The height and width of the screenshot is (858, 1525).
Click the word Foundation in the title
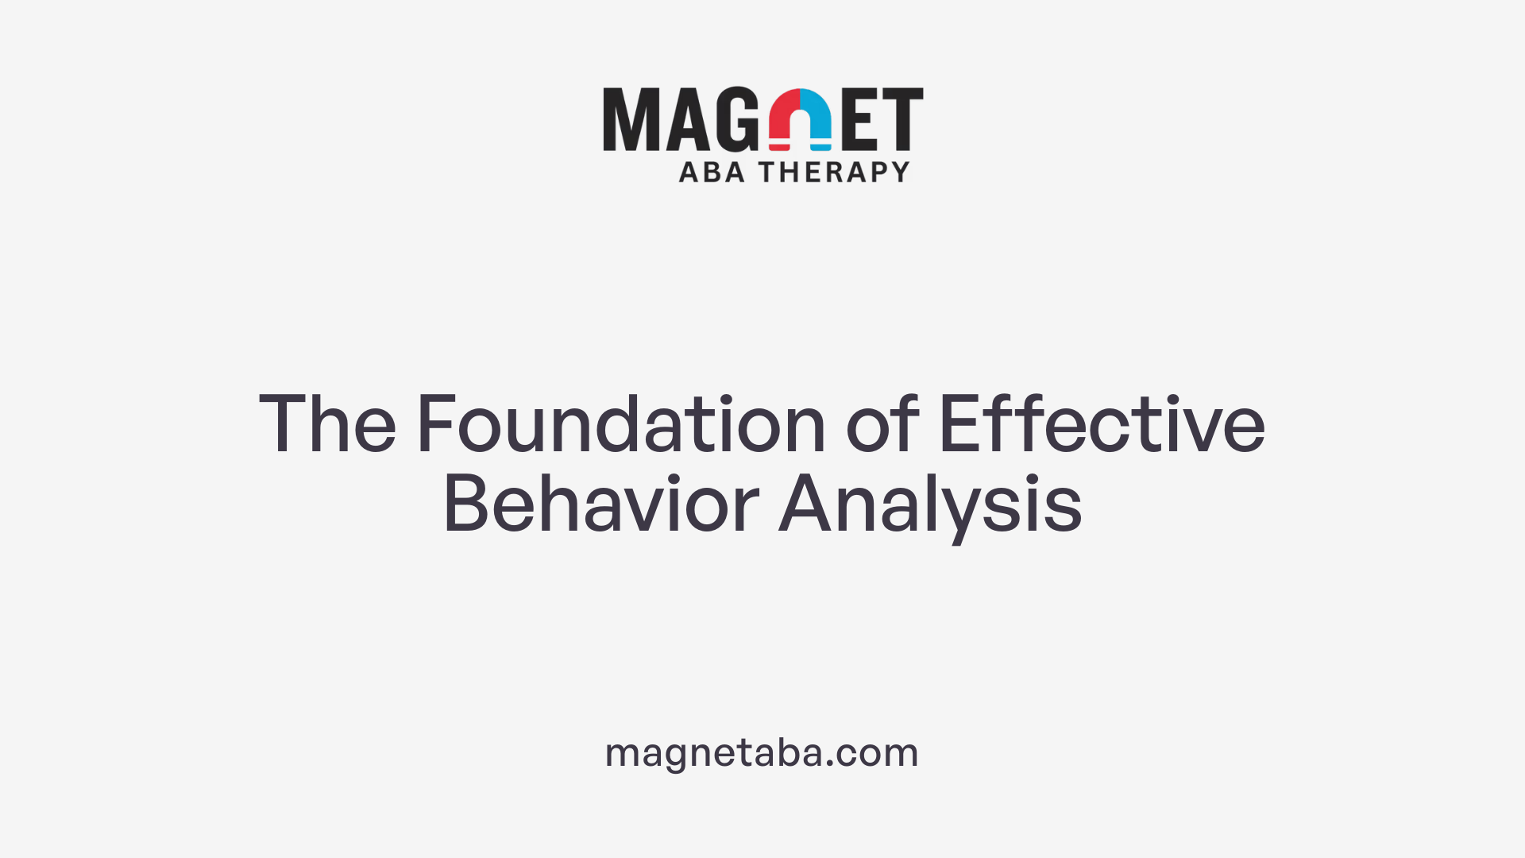click(622, 424)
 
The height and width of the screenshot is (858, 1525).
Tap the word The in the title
click(327, 424)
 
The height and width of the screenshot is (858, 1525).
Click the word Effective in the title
click(1102, 424)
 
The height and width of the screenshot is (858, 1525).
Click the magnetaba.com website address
click(762, 752)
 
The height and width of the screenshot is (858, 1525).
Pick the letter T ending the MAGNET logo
click(903, 119)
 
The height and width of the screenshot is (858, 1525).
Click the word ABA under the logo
click(712, 172)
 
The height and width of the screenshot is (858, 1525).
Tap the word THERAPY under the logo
click(834, 172)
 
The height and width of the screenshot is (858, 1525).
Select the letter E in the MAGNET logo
click(860, 119)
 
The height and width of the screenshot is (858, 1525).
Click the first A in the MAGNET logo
click(685, 119)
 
